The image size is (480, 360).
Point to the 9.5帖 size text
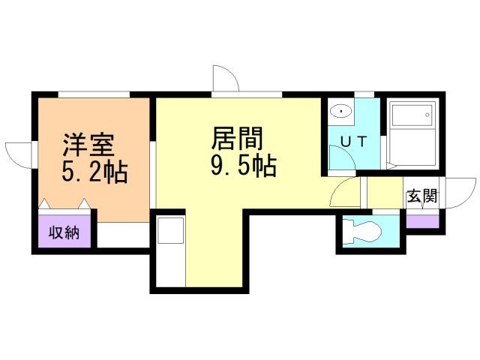point(242,166)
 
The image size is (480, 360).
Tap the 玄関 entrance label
point(423,197)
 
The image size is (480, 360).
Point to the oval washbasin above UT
point(342,112)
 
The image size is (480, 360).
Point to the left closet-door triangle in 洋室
point(45,202)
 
